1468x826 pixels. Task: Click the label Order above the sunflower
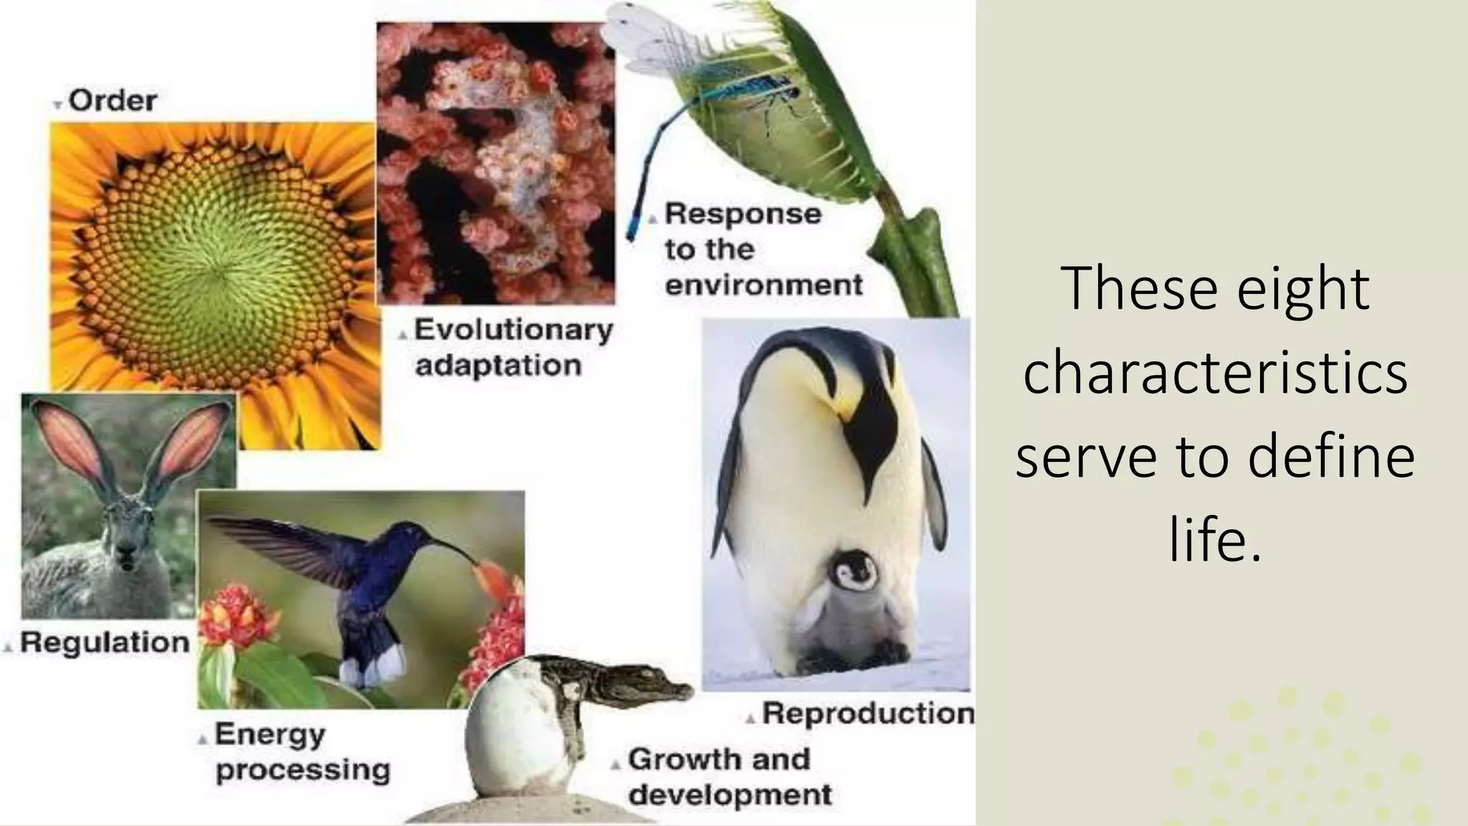[113, 101]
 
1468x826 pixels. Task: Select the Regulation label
[105, 642]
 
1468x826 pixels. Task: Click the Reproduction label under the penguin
[867, 713]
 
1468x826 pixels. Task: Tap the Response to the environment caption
[763, 249]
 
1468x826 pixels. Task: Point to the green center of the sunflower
[215, 272]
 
